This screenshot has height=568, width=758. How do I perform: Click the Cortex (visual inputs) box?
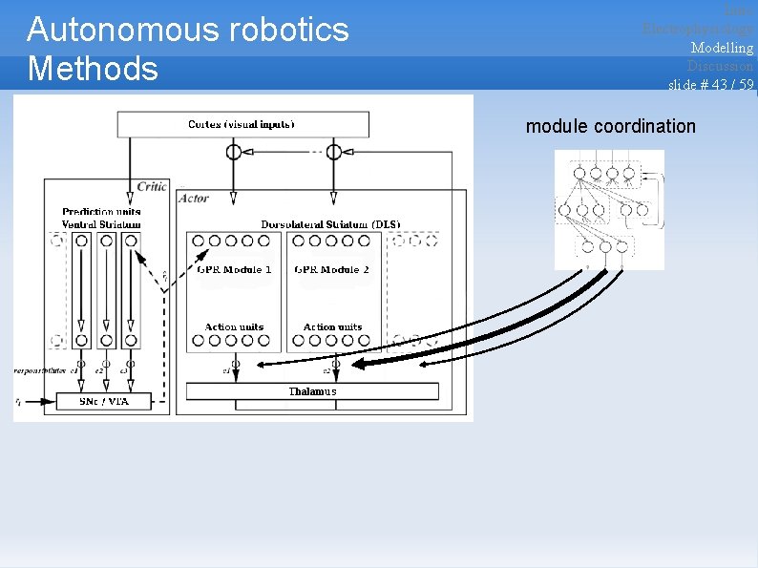[x=242, y=124]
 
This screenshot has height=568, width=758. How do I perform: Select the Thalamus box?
[x=312, y=391]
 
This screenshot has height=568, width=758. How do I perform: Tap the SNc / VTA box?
[x=104, y=401]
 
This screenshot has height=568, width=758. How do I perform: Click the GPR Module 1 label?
[x=235, y=269]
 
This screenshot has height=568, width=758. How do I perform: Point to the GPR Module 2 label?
[x=332, y=269]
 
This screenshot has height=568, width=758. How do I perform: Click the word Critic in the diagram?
[x=152, y=187]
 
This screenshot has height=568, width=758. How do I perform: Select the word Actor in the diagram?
[x=194, y=199]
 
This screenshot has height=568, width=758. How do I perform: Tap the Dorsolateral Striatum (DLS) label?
[x=330, y=224]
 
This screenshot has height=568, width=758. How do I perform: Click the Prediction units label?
[x=101, y=212]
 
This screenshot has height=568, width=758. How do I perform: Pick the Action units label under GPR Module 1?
[x=234, y=326]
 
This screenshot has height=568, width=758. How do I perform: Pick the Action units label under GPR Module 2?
[x=332, y=326]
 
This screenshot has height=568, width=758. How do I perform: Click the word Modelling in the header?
[x=722, y=48]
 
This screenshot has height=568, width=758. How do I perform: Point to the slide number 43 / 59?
[x=710, y=84]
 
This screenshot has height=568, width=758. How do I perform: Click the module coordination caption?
[x=611, y=126]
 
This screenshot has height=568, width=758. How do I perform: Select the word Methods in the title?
[x=94, y=69]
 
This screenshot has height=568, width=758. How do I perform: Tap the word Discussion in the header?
[x=720, y=66]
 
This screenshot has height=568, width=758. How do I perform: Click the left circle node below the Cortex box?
[x=233, y=152]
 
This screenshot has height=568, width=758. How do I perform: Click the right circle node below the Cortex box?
[x=333, y=152]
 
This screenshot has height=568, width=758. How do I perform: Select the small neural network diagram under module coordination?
[x=608, y=208]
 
